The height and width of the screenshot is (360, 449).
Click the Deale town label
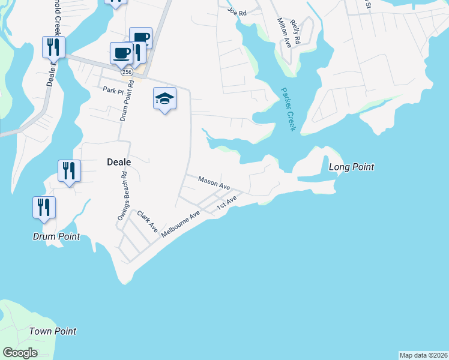(119, 161)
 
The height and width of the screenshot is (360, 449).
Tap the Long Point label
(352, 167)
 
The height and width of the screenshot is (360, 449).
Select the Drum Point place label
(56, 236)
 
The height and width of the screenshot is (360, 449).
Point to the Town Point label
(53, 331)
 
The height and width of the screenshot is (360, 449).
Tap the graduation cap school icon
(164, 98)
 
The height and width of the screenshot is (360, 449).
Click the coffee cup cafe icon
(121, 53)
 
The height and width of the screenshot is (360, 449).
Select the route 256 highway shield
(127, 71)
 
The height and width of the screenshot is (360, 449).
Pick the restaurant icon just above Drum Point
(44, 207)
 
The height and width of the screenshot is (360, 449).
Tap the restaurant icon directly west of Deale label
(69, 170)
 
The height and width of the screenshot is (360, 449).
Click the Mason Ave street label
(214, 182)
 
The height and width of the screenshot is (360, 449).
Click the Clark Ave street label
(147, 222)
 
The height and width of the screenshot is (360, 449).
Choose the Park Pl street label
(112, 91)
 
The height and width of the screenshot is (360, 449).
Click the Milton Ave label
(280, 32)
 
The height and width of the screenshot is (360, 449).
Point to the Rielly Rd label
(295, 27)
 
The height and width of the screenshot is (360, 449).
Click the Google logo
(20, 353)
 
